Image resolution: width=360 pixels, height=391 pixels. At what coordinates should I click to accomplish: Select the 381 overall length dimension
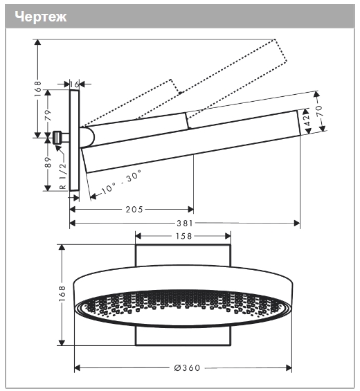point(185,224)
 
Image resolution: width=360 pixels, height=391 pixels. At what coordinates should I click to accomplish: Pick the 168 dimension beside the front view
point(62,295)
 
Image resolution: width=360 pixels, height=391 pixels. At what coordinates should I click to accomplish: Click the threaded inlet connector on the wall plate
point(60,136)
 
